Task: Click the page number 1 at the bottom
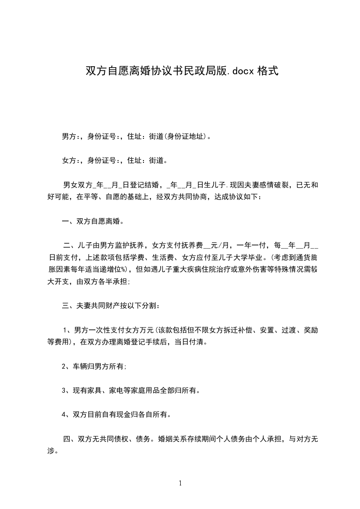click(x=180, y=484)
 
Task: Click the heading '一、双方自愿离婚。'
click(x=93, y=222)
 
